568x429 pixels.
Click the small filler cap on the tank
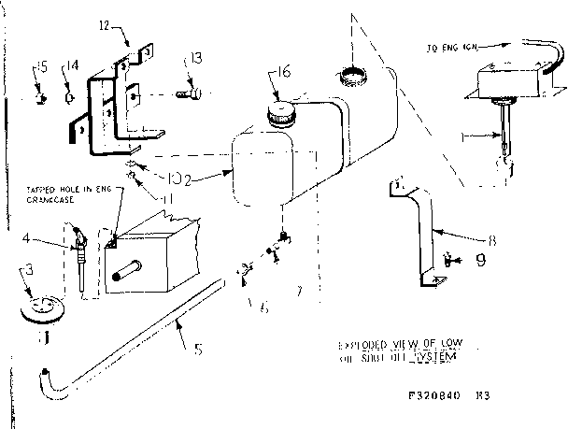(x=278, y=116)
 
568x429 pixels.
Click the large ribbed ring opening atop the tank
(x=355, y=73)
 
